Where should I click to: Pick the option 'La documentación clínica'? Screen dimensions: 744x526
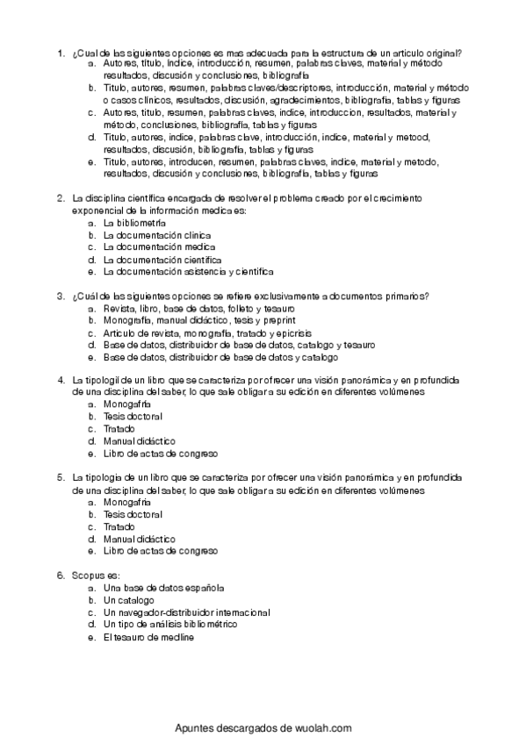click(x=156, y=236)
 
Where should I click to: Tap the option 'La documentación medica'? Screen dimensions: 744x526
click(x=156, y=248)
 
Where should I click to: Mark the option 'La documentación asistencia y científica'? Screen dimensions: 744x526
click(x=188, y=272)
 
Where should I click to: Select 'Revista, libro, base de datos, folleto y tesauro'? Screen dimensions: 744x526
click(x=198, y=309)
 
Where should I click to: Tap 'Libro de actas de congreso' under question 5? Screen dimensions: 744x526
click(x=160, y=551)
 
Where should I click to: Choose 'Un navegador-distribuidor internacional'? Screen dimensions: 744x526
click(x=186, y=612)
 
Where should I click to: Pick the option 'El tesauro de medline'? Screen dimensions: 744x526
click(x=148, y=636)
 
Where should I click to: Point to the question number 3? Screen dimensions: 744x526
click(x=60, y=297)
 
